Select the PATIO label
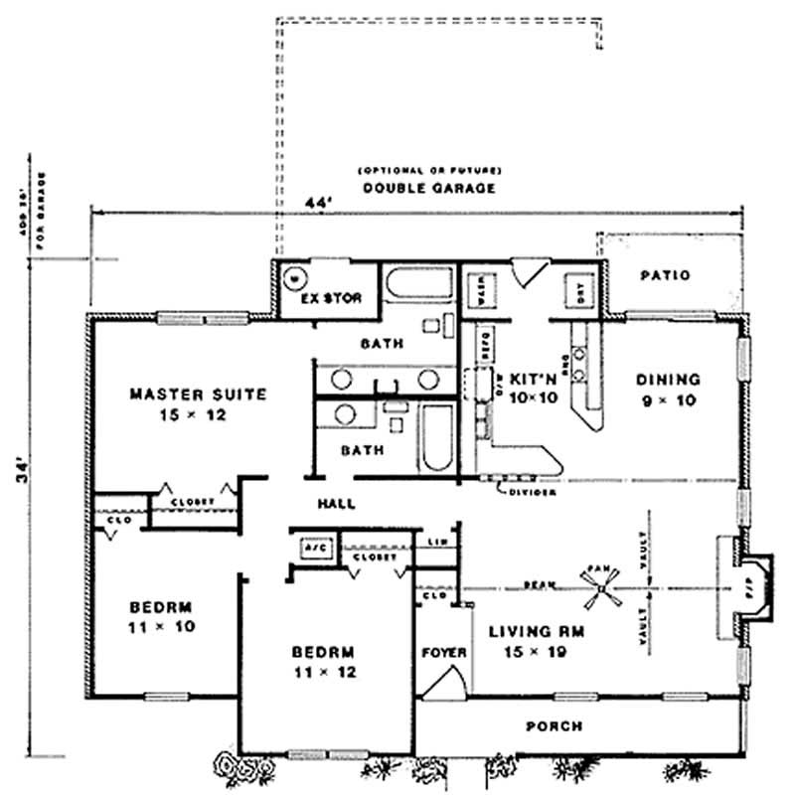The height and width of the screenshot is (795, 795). (665, 275)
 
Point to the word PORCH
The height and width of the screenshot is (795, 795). (554, 726)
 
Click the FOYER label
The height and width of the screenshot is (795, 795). (444, 653)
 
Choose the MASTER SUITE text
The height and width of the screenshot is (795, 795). (198, 395)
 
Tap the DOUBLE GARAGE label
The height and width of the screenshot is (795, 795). (428, 188)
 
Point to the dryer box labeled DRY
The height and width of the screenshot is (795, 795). (577, 289)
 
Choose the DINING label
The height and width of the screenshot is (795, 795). (668, 379)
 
